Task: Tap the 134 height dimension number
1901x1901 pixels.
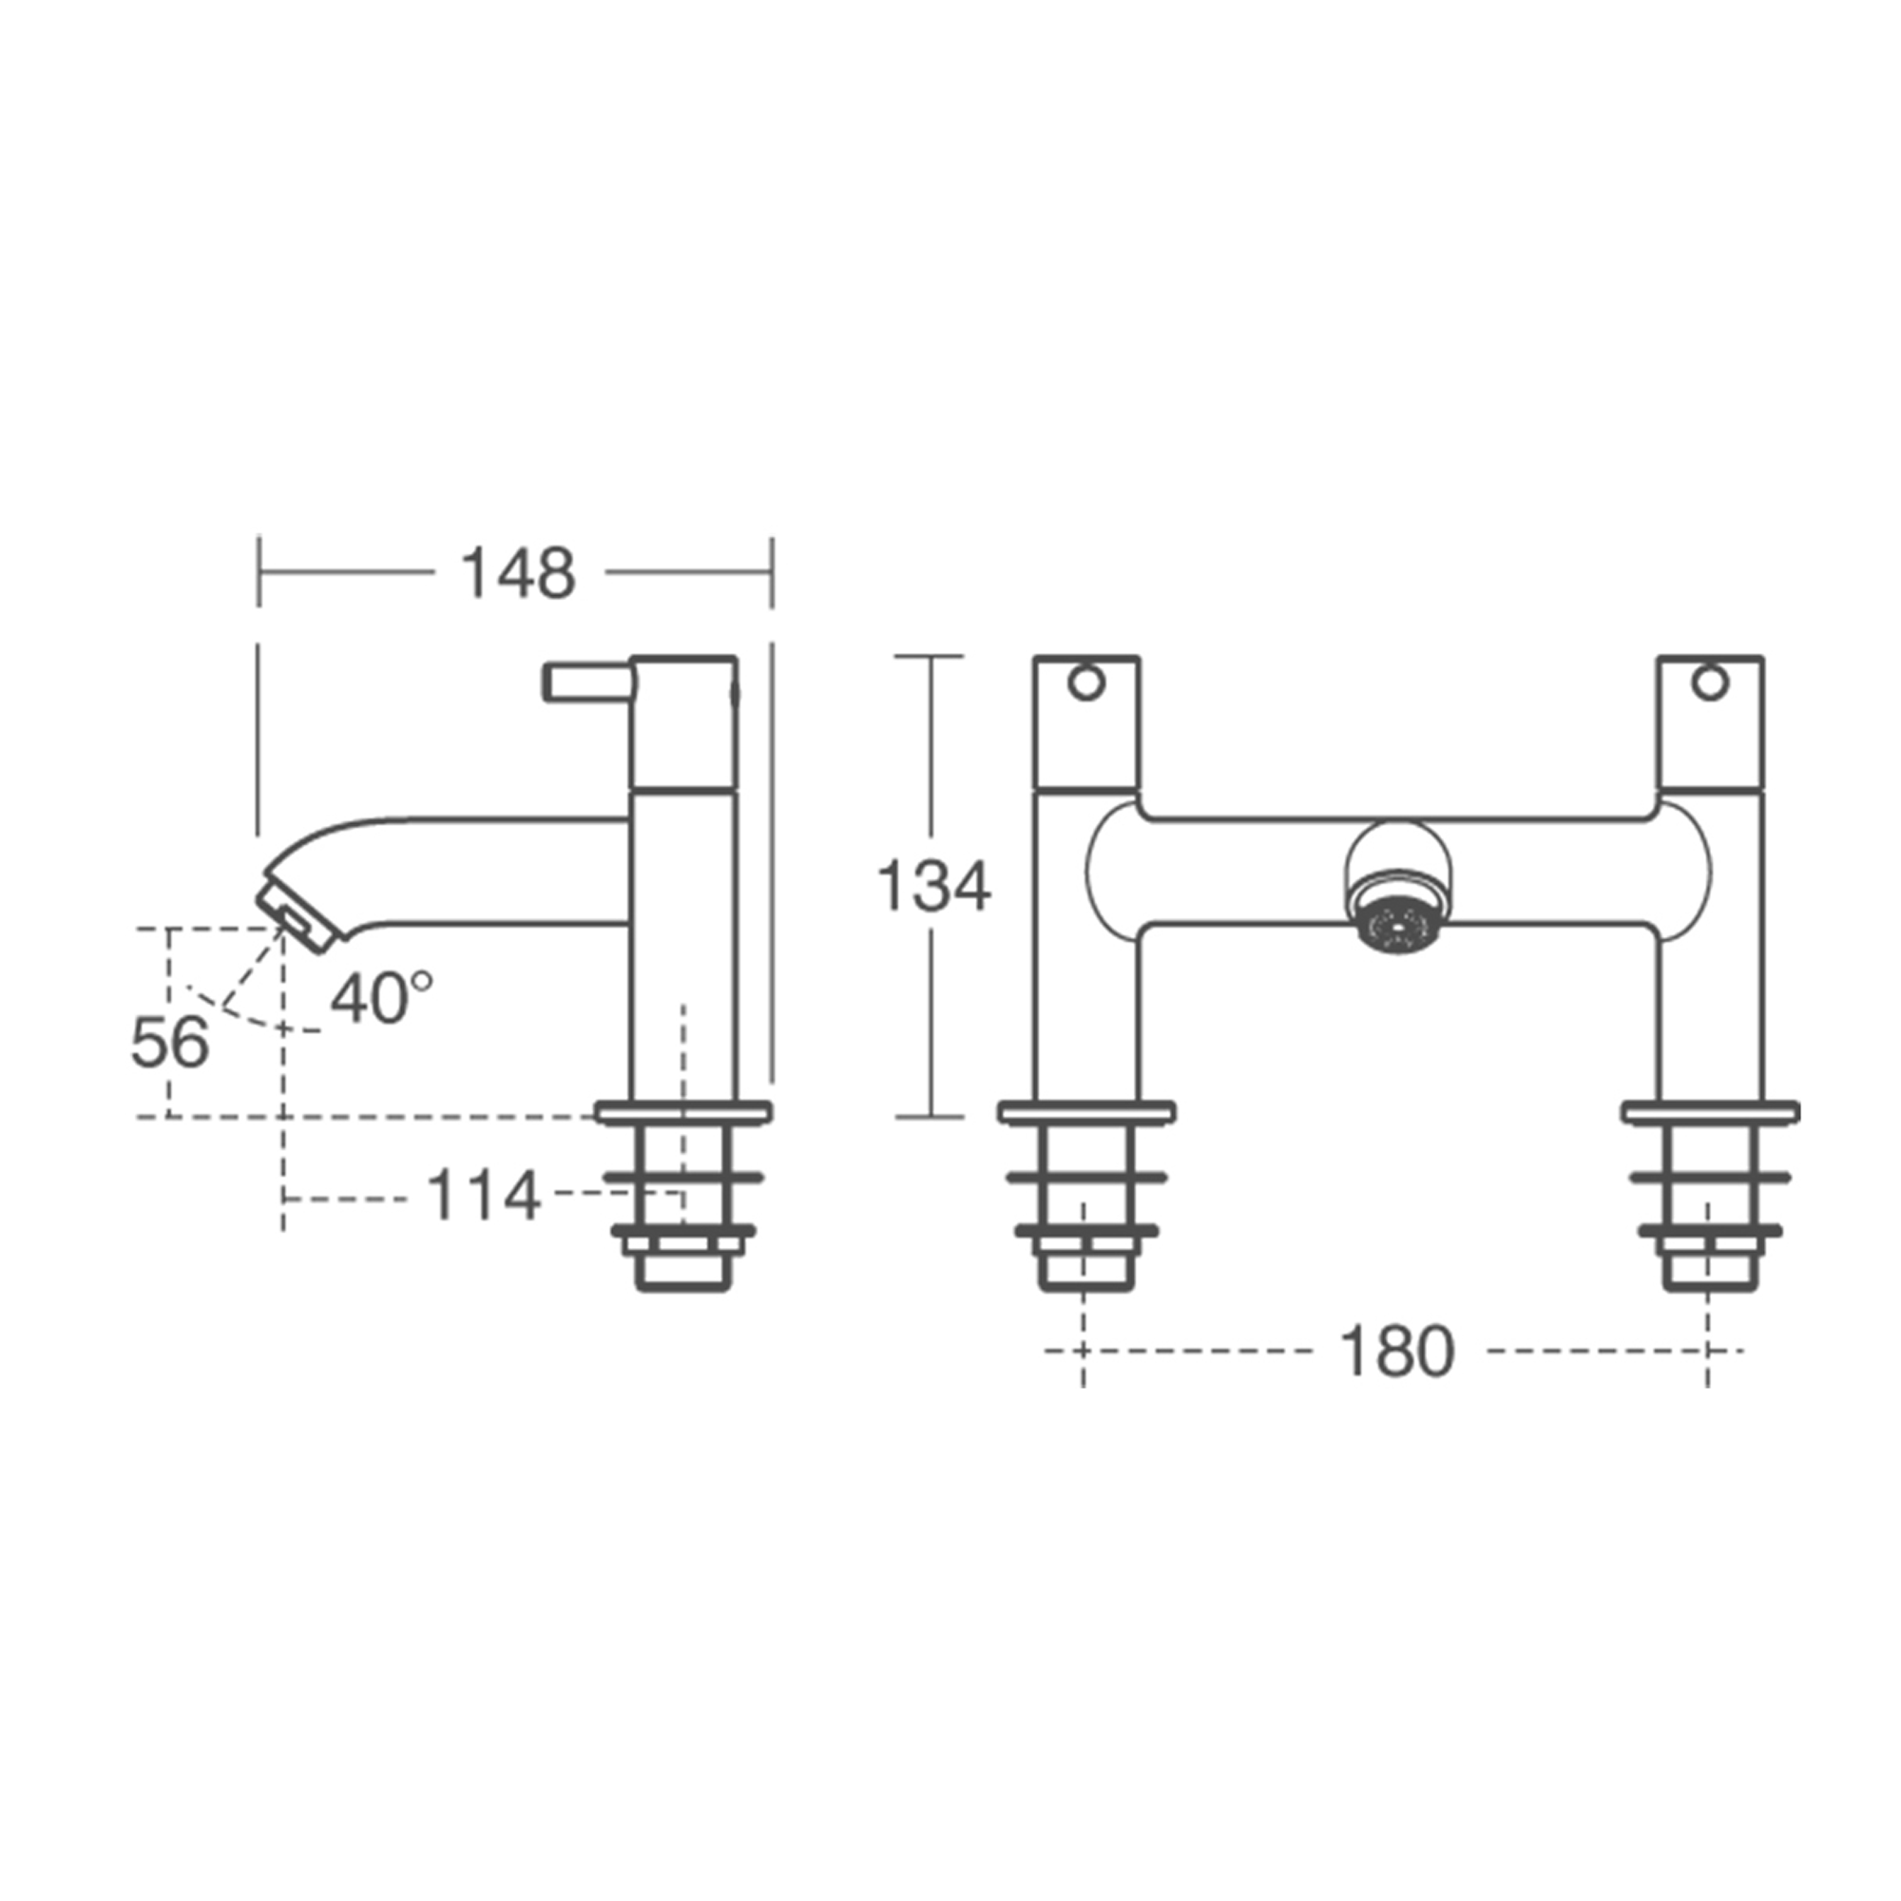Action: point(932,886)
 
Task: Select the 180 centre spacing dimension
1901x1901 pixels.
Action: point(1395,1351)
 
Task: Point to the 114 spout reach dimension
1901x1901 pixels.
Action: point(482,1196)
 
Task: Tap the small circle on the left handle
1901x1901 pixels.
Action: point(1085,682)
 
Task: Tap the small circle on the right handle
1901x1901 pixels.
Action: point(1709,682)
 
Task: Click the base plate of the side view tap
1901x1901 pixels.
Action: point(682,1113)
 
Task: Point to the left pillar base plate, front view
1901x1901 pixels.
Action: point(1086,1113)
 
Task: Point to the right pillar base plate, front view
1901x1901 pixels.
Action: point(1710,1113)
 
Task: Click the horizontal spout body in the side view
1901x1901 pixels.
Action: point(492,872)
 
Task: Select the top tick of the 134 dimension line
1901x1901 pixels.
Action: point(929,656)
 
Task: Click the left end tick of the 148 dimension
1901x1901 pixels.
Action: point(259,571)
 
